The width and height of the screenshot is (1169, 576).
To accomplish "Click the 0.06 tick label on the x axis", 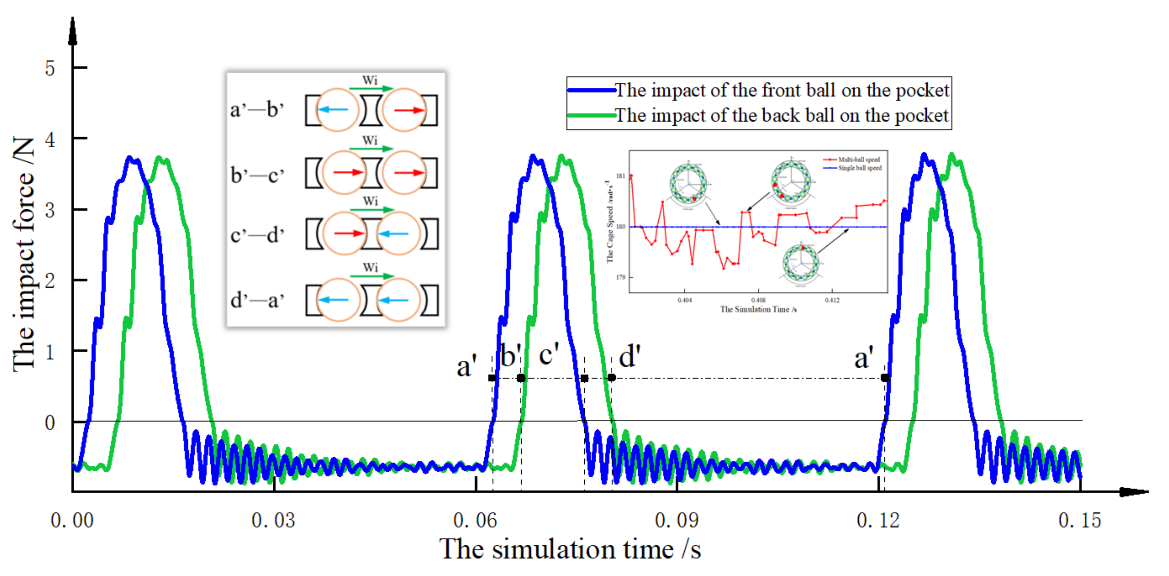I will (x=475, y=521).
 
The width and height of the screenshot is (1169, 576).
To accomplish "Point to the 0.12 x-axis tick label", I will (x=878, y=521).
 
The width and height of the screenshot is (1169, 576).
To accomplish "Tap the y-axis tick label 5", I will (x=50, y=69).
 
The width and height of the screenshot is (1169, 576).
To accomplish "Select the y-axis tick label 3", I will (x=50, y=211).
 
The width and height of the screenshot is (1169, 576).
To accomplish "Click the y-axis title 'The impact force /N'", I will (x=24, y=254).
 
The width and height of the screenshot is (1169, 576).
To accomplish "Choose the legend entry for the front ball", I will (x=782, y=90).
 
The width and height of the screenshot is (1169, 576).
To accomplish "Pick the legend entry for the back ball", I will (x=782, y=115).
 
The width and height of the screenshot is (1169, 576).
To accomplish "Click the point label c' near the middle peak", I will (x=549, y=355).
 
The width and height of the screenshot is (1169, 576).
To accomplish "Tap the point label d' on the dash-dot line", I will (x=630, y=357).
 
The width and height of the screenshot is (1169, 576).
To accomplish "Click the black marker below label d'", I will (x=612, y=378).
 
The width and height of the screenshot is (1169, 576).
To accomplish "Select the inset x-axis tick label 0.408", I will (x=758, y=300).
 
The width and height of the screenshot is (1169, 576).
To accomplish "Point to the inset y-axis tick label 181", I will (x=620, y=176).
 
